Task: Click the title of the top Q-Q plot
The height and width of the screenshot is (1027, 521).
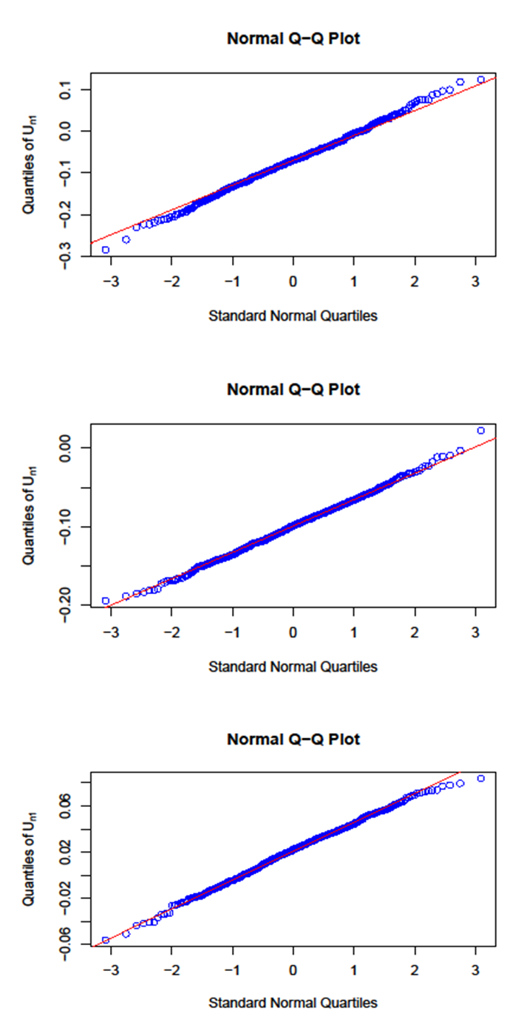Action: (293, 39)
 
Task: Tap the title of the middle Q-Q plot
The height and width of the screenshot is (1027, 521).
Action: (293, 389)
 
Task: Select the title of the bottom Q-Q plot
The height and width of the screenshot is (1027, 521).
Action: (293, 740)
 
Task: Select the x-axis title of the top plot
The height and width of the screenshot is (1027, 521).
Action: (293, 316)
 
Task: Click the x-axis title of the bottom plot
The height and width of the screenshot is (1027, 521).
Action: (293, 1003)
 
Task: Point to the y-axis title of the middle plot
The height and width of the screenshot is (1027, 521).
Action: (30, 515)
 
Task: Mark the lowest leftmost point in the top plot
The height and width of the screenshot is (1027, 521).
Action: (106, 250)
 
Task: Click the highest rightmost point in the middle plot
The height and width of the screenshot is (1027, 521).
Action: (481, 430)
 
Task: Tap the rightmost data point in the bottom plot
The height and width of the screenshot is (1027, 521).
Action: (481, 778)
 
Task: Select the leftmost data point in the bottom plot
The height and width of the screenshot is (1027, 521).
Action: (106, 940)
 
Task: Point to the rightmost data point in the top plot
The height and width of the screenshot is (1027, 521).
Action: (481, 79)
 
